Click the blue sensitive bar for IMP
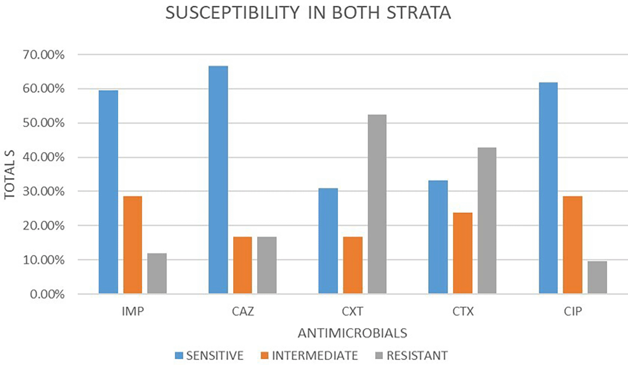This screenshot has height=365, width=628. point(108,192)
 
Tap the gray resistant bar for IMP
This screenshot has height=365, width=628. point(157,273)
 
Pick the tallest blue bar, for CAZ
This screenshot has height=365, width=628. point(218,180)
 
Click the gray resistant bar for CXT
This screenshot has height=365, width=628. point(377,204)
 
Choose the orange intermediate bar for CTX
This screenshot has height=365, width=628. point(462,253)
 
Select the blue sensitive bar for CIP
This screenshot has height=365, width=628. point(548,188)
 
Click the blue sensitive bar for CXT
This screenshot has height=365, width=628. point(328,241)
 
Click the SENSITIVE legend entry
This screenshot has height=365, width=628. point(208,355)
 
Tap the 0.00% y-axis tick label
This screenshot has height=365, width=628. point(49,294)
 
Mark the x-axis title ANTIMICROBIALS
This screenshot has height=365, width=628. point(352,332)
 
